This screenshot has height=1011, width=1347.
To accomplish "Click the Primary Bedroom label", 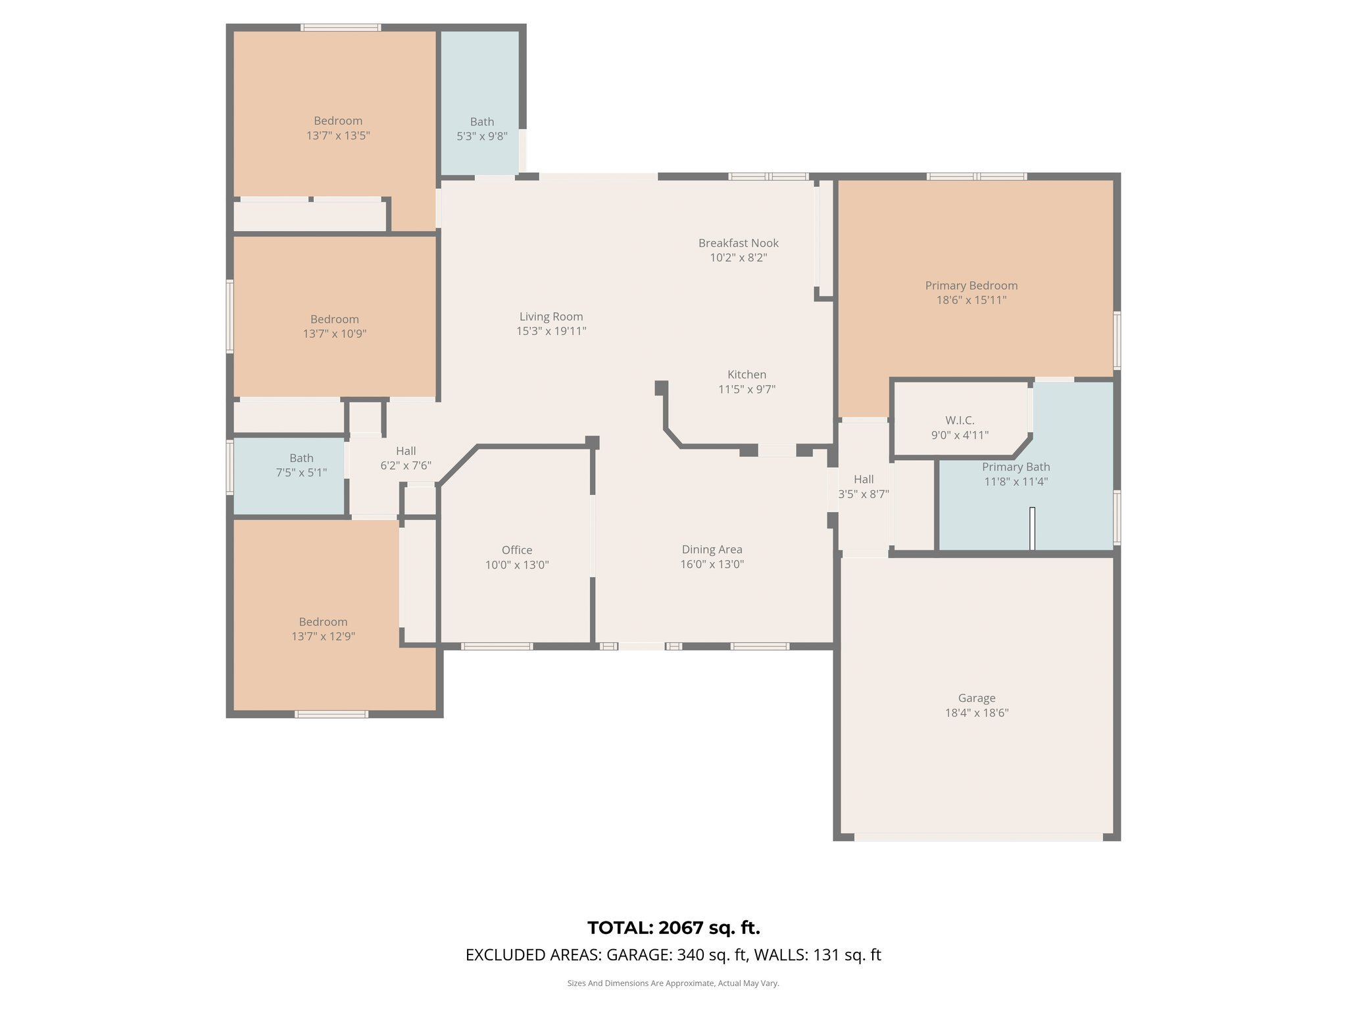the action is pyautogui.click(x=971, y=286).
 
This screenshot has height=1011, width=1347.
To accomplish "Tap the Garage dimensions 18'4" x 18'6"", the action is pyautogui.click(x=977, y=713).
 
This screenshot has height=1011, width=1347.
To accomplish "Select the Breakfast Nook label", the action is pyautogui.click(x=739, y=243).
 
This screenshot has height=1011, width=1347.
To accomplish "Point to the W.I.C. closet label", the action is pyautogui.click(x=960, y=420).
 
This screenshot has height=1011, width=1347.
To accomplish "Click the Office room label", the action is pyautogui.click(x=517, y=550).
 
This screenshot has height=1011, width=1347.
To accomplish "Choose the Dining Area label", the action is pyautogui.click(x=712, y=550).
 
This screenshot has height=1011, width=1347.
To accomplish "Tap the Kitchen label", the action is pyautogui.click(x=747, y=375).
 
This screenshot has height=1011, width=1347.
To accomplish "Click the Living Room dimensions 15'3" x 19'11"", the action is pyautogui.click(x=551, y=331).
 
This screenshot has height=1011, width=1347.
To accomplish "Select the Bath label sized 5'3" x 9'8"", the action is pyautogui.click(x=482, y=122).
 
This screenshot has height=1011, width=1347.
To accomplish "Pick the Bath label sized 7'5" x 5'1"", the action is pyautogui.click(x=302, y=458).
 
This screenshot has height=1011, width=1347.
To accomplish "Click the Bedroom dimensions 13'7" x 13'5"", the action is pyautogui.click(x=338, y=136).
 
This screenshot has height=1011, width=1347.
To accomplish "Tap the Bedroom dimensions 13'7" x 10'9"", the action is pyautogui.click(x=335, y=334).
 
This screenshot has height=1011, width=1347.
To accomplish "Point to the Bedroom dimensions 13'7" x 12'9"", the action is pyautogui.click(x=324, y=636).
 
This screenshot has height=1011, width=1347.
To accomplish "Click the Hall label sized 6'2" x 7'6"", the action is pyautogui.click(x=406, y=451).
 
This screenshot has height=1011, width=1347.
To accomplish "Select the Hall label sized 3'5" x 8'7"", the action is pyautogui.click(x=864, y=479).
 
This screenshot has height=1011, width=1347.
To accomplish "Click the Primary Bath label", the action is pyautogui.click(x=1016, y=467).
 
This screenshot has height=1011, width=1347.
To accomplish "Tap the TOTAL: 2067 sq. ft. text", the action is pyautogui.click(x=673, y=928).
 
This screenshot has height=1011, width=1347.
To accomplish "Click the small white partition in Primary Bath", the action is pyautogui.click(x=1032, y=529).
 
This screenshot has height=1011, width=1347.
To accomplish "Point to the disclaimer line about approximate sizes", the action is pyautogui.click(x=673, y=983).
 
